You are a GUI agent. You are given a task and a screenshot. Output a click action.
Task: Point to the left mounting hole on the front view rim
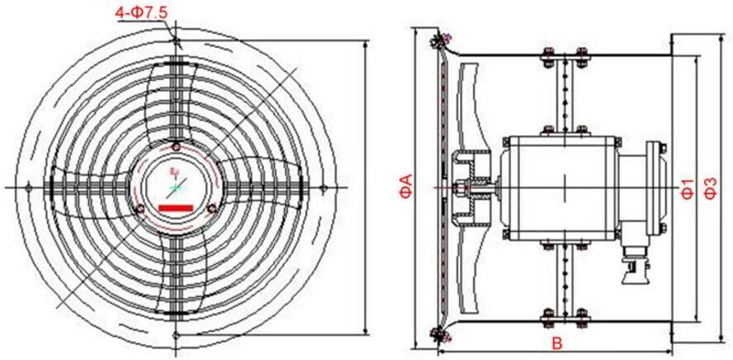[x=30, y=189]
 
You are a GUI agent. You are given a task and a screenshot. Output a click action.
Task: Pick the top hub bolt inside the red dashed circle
[x=176, y=148]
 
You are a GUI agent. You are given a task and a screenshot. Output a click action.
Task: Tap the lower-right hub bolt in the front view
[x=211, y=207]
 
